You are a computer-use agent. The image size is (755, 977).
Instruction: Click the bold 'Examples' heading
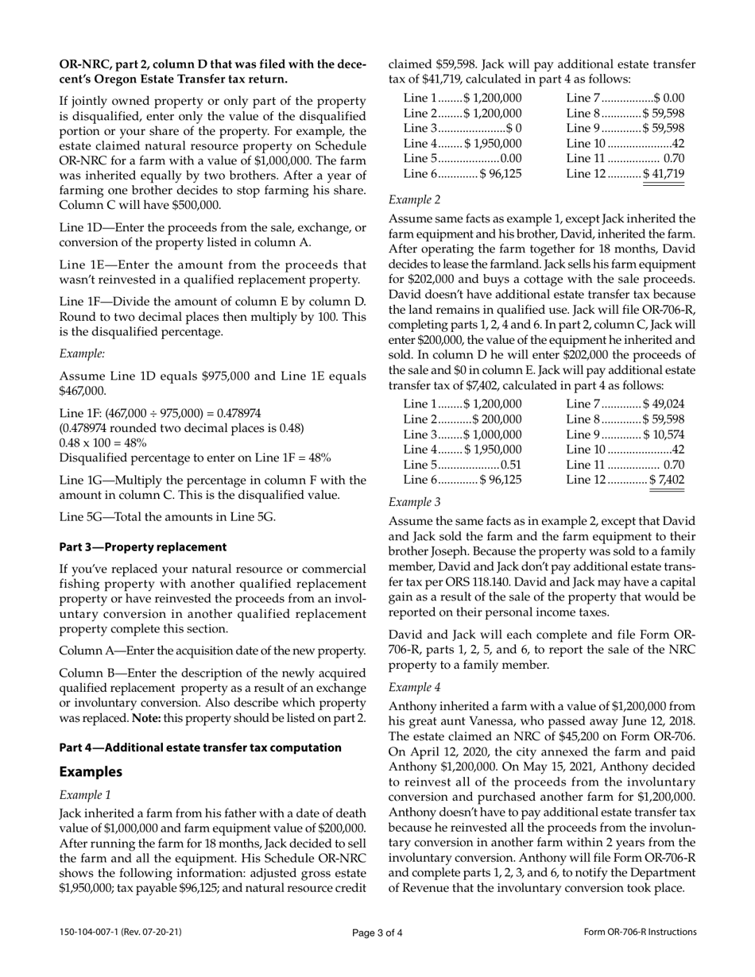(91, 772)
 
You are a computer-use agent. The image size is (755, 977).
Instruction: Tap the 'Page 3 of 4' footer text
(377, 933)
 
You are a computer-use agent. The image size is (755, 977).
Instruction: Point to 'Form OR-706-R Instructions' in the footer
(639, 933)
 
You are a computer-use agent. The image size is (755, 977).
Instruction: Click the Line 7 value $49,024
(664, 404)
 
